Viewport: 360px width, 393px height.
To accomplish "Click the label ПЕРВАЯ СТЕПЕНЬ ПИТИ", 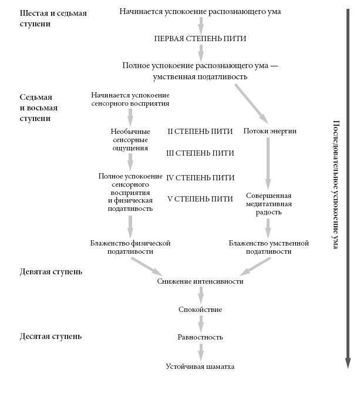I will click(x=200, y=38).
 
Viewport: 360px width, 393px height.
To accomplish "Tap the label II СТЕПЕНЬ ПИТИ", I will click(x=201, y=130).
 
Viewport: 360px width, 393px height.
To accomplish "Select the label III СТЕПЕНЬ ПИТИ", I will click(x=201, y=153).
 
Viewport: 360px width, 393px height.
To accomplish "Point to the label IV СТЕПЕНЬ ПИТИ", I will click(x=201, y=177).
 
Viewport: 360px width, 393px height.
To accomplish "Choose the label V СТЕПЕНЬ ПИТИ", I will click(x=201, y=199).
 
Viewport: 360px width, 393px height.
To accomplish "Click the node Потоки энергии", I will click(x=270, y=130).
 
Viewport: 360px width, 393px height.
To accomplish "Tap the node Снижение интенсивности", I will click(x=200, y=281).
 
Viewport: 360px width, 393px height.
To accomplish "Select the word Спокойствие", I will click(x=200, y=309).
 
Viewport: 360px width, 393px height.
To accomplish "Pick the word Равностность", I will click(x=200, y=337).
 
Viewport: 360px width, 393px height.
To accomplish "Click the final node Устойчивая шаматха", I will click(x=200, y=367).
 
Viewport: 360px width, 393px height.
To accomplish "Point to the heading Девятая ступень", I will click(x=51, y=272).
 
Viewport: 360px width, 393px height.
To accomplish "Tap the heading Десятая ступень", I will click(x=51, y=337).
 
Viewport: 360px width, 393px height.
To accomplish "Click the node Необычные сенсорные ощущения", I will click(x=130, y=139).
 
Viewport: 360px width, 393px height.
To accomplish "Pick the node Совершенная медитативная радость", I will click(x=268, y=204).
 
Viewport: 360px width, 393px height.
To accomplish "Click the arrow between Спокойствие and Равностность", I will click(x=201, y=323).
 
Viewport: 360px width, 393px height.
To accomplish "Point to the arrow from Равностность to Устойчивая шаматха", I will click(x=201, y=352).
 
